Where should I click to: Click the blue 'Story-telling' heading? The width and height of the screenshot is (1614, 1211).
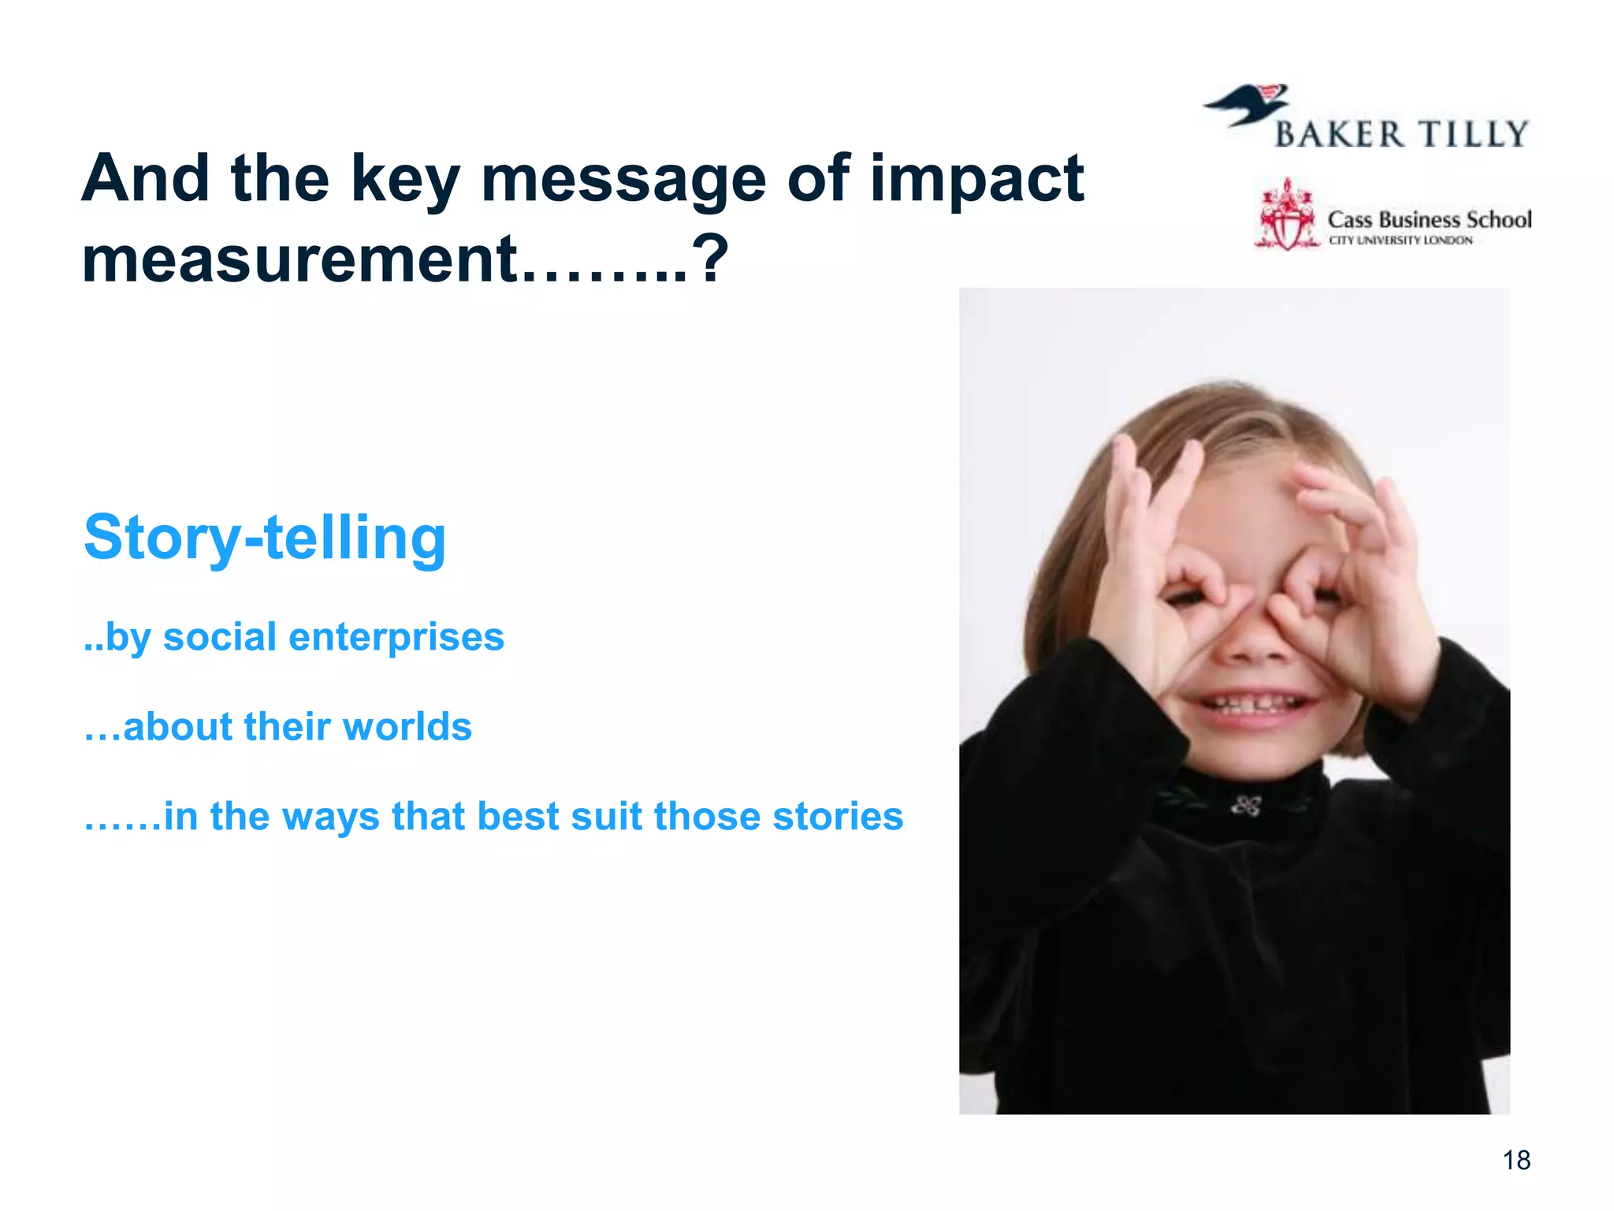click(x=265, y=538)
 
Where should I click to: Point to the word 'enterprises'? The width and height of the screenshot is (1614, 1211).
click(x=396, y=637)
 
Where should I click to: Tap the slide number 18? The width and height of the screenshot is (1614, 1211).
click(x=1516, y=1161)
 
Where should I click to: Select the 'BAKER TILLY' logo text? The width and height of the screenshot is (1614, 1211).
click(x=1401, y=135)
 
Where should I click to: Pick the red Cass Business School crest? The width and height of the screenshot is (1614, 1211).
click(x=1286, y=215)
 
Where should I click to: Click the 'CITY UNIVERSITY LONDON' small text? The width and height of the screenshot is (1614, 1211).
click(x=1400, y=240)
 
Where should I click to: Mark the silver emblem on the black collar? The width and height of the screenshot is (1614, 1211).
click(x=1246, y=806)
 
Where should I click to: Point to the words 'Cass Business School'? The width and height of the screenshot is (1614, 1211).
click(x=1429, y=219)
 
